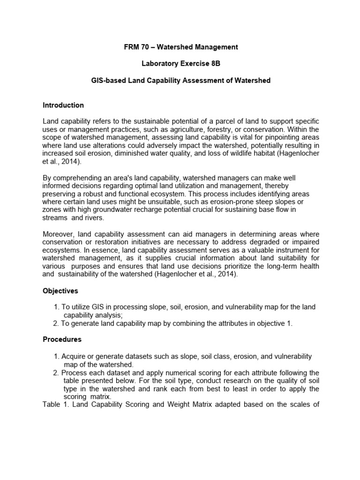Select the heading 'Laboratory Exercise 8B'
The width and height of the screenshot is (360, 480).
(180, 64)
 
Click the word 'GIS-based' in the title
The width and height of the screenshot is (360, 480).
(106, 81)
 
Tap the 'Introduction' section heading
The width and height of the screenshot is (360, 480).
(63, 105)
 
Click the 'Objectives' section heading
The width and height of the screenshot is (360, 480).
(60, 291)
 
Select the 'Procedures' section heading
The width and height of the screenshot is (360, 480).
(62, 339)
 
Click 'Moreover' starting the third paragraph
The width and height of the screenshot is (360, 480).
(59, 234)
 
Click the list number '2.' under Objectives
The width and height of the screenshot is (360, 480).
(57, 323)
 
